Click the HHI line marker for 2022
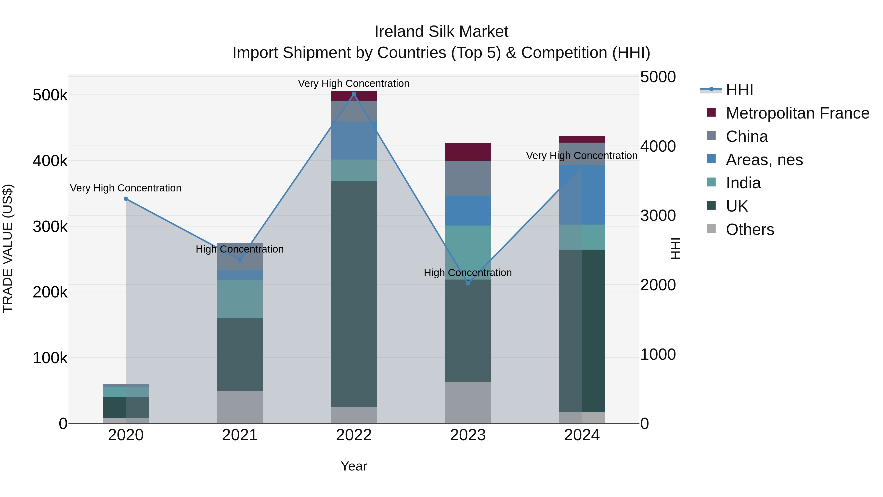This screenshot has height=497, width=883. click(354, 94)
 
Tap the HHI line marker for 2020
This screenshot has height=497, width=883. click(126, 199)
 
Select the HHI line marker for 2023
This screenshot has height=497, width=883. click(468, 283)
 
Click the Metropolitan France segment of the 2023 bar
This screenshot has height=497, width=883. click(468, 152)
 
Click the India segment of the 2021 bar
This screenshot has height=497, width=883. click(240, 299)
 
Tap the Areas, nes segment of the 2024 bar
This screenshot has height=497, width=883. click(582, 195)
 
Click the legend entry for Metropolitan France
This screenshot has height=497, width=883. click(797, 113)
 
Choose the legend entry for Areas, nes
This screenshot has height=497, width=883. click(764, 160)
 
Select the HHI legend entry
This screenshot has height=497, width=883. click(739, 90)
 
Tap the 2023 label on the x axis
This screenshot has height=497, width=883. click(468, 435)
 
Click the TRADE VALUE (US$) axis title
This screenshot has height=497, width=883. click(8, 248)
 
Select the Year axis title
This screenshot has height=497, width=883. click(354, 466)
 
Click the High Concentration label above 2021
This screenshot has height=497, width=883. click(240, 249)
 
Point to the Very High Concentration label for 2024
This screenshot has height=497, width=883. click(582, 156)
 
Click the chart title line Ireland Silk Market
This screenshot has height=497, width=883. click(441, 32)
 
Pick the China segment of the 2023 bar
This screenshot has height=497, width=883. click(468, 178)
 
